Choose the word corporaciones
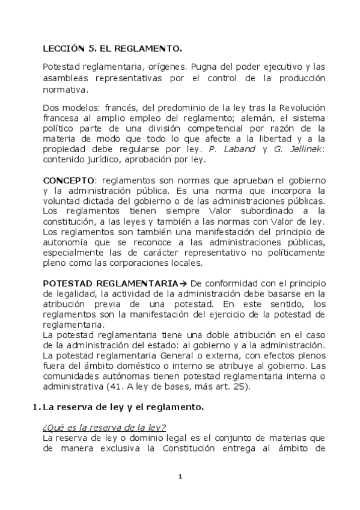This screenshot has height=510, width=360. pos(216,263)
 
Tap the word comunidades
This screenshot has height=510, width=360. pos(71,376)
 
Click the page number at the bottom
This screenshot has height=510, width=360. pos(180,476)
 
